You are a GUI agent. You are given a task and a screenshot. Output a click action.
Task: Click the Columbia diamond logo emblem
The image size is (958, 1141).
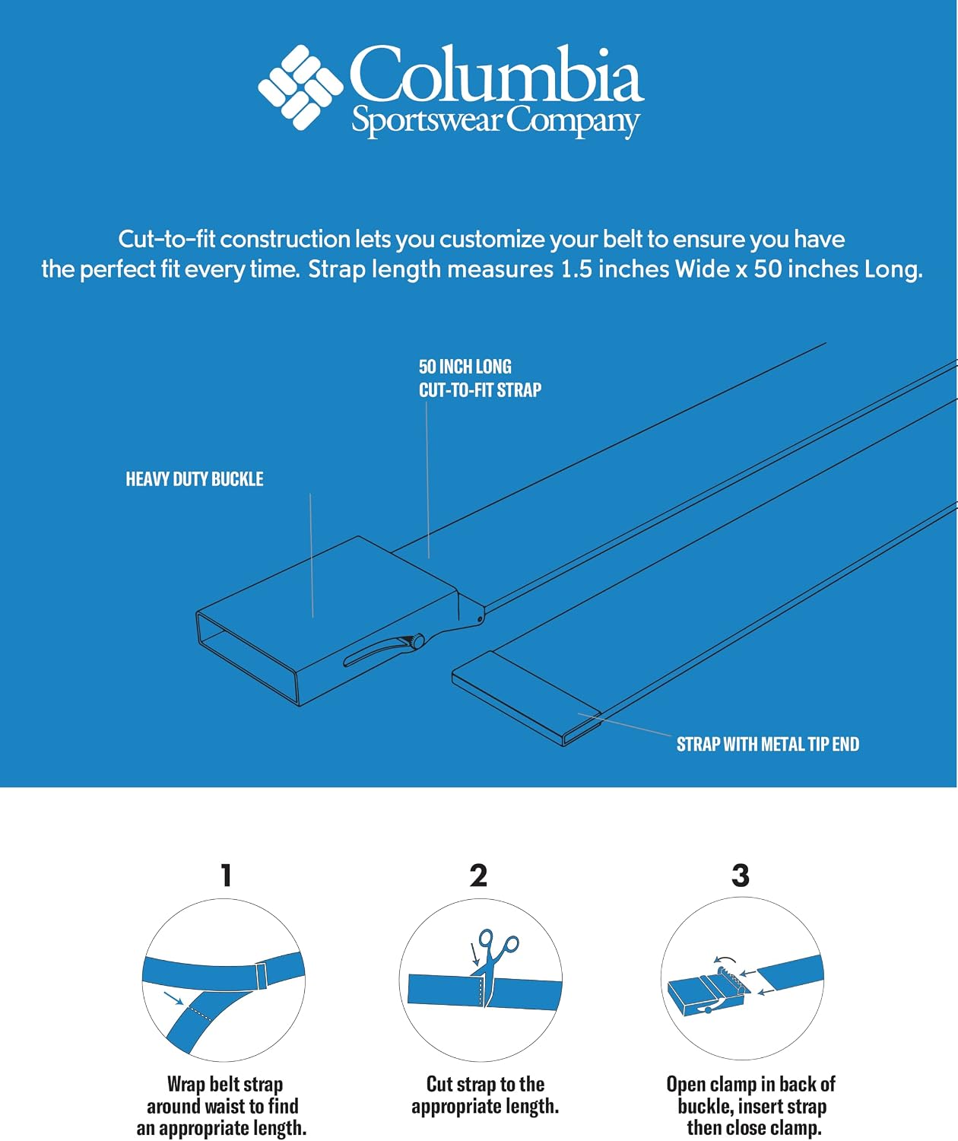click(x=300, y=87)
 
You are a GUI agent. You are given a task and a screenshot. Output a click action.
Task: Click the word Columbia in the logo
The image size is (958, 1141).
click(x=496, y=74)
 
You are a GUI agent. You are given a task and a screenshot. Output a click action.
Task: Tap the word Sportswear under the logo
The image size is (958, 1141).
click(x=426, y=121)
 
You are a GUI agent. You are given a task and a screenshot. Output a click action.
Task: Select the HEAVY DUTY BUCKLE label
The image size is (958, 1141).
click(x=195, y=479)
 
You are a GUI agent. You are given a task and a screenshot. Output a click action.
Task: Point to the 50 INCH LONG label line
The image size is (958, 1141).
click(x=465, y=366)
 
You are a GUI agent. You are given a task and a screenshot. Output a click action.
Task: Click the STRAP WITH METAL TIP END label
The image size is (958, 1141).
click(x=768, y=744)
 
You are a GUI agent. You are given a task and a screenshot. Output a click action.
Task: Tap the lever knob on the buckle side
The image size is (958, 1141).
click(x=418, y=640)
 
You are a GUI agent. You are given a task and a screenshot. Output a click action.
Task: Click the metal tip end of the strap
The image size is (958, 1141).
click(x=527, y=698)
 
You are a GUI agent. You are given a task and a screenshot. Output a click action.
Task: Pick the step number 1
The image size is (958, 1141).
click(x=226, y=876)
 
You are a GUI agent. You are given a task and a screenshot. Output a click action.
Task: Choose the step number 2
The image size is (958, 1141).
click(x=478, y=876)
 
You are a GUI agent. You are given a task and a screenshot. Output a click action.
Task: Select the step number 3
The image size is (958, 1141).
click(x=741, y=876)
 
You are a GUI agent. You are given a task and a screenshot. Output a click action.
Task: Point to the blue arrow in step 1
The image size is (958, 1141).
click(x=173, y=998)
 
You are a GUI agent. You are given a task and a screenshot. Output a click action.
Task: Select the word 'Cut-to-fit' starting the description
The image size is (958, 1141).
click(x=167, y=240)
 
